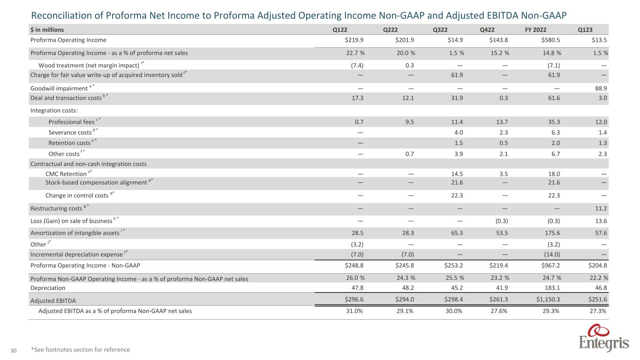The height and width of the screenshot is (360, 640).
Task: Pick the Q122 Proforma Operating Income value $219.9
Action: (353, 40)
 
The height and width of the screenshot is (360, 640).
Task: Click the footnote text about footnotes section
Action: (80, 350)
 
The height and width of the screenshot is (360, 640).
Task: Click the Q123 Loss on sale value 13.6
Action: (601, 220)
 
